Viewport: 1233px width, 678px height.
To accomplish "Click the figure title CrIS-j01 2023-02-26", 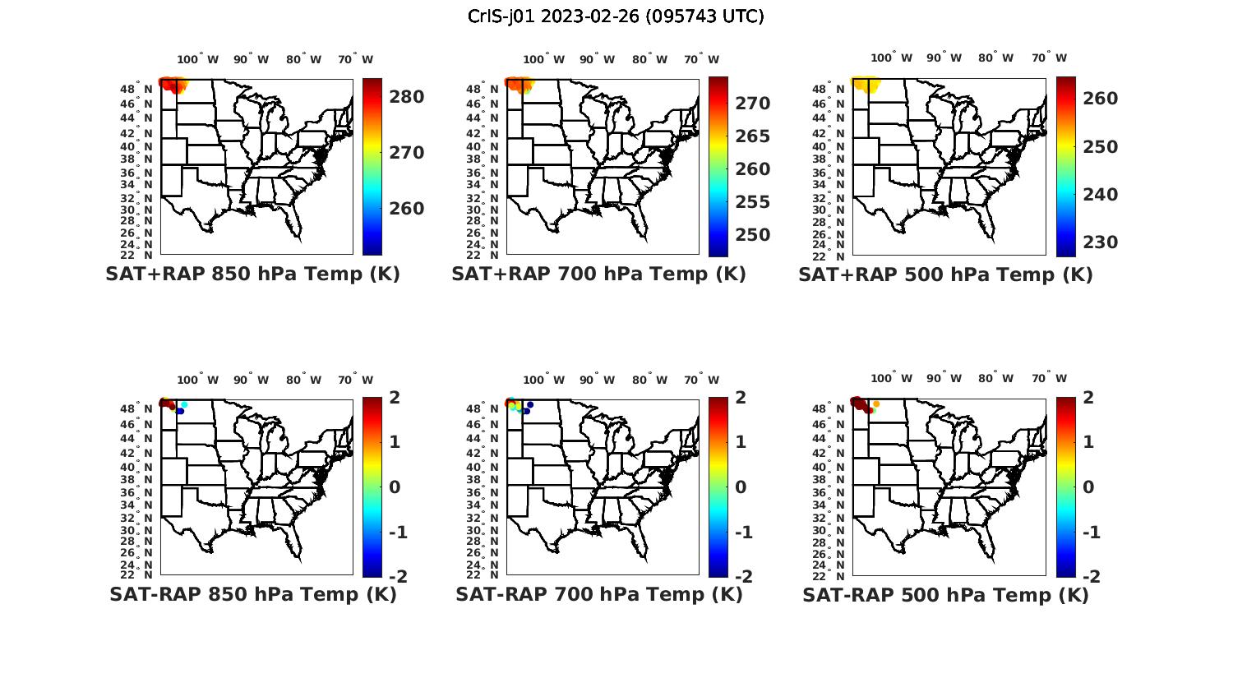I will tap(616, 16).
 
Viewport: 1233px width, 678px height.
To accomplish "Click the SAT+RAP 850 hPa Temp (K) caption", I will tap(252, 274).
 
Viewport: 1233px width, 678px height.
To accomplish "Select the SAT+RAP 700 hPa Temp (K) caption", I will tap(598, 274).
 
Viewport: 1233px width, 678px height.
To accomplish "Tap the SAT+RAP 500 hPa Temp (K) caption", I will tap(945, 275).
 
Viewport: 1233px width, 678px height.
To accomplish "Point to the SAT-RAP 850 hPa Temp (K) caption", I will tap(253, 595).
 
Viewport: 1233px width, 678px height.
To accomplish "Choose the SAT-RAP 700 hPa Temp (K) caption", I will tap(599, 595).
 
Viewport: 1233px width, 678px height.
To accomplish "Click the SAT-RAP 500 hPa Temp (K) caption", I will tap(945, 596).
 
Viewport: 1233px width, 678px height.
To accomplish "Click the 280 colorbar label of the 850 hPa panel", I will tap(407, 97).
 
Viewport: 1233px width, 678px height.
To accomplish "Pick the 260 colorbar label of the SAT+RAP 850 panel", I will tap(407, 209).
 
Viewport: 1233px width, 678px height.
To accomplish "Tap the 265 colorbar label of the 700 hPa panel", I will tap(753, 136).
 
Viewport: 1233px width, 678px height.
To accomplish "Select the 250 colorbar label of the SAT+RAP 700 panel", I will tap(753, 235).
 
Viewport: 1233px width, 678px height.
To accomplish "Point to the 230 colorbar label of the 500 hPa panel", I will tap(1100, 242).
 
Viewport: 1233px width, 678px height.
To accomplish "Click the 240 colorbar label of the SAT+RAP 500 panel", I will tap(1100, 195).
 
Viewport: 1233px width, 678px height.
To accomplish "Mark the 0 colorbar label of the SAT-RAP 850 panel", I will tap(395, 487).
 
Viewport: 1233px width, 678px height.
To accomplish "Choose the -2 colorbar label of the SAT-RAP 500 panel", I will tap(1091, 577).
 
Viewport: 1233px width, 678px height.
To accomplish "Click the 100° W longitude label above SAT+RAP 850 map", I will tap(197, 59).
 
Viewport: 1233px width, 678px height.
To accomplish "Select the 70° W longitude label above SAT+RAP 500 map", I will tap(1050, 58).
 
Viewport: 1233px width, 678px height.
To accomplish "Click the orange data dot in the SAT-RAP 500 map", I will tap(876, 404).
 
